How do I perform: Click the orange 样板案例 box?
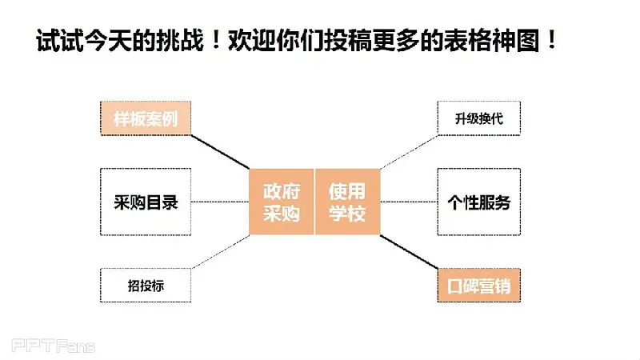coord(146,118)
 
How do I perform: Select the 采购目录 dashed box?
coord(146,202)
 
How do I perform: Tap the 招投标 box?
coord(146,286)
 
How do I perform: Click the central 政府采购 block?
coord(282,202)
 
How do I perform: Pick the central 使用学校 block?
coord(347,202)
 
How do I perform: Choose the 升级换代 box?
coord(478,118)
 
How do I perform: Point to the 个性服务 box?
coord(478,202)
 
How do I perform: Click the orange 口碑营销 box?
coord(478,286)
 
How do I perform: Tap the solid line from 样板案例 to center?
coord(220,152)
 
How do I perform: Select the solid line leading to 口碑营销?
coord(409,252)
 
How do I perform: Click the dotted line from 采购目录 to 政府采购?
coord(220,202)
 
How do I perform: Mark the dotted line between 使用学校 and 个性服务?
coord(409,202)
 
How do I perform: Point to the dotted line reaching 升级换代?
coord(409,152)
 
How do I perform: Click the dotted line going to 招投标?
coord(220,252)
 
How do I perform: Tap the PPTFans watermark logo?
coord(53,346)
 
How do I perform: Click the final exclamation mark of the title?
coord(552,40)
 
